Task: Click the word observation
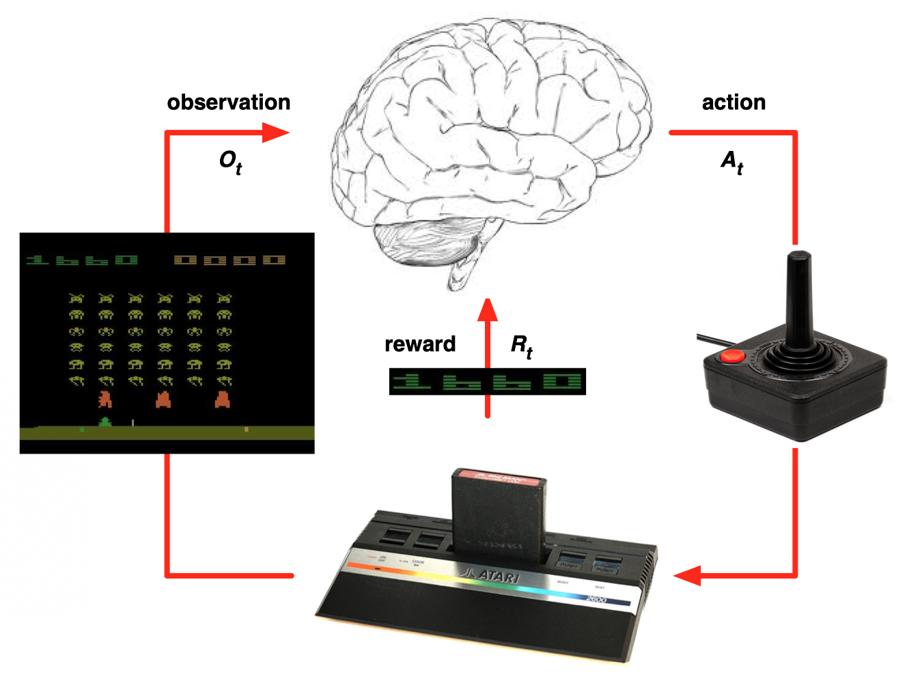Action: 229,102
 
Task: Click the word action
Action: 734,102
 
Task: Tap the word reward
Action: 420,344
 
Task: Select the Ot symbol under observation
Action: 230,162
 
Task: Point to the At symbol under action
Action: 732,162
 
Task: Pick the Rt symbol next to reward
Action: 521,346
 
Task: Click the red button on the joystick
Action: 733,355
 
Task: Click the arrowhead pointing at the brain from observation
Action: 276,133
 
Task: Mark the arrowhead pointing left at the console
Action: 688,576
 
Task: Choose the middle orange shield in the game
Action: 163,399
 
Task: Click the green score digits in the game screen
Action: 82,260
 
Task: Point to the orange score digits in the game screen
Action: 229,260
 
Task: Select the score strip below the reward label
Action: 487,381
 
